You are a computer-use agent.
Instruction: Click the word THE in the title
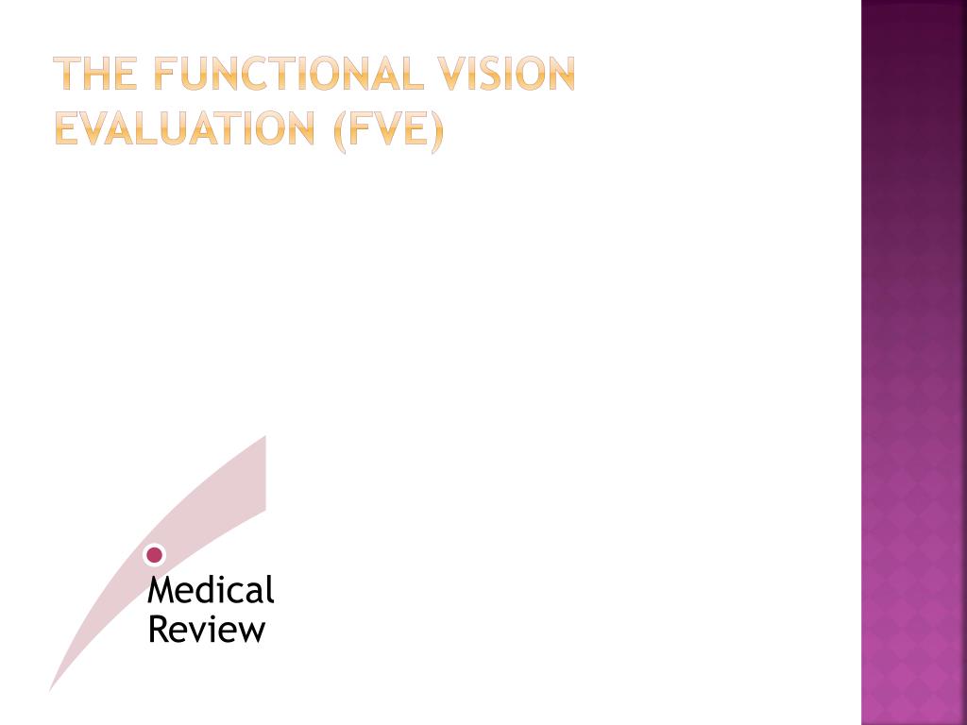tap(94, 74)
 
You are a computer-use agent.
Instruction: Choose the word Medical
tap(211, 591)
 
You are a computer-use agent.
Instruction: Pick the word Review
tap(207, 630)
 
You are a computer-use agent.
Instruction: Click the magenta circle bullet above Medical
tap(155, 555)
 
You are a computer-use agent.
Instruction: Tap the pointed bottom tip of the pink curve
tap(52, 689)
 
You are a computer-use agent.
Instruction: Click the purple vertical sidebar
tap(913, 362)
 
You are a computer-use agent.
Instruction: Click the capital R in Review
tap(158, 630)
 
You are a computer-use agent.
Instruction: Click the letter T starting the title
tap(65, 74)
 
